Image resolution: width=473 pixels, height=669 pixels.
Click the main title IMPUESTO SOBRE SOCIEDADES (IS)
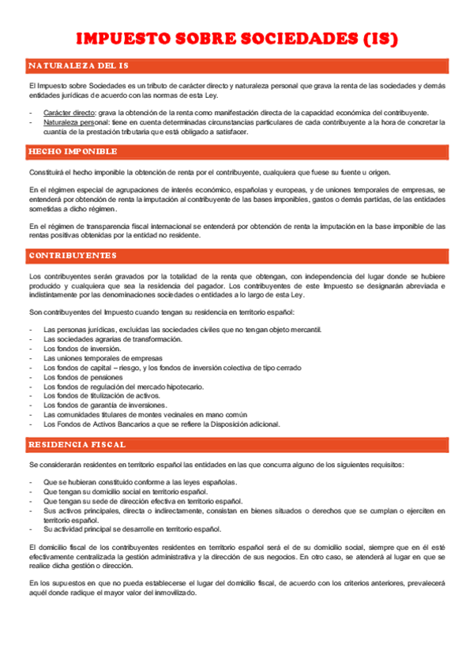pyautogui.click(x=236, y=39)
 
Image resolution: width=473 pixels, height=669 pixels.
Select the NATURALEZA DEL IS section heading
pyautogui.click(x=78, y=65)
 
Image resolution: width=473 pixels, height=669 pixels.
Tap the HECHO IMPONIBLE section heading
pyautogui.click(x=73, y=151)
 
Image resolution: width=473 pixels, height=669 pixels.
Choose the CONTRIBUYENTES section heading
pyautogui.click(x=73, y=256)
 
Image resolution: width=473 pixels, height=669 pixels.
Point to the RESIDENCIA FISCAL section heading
pyautogui.click(x=77, y=445)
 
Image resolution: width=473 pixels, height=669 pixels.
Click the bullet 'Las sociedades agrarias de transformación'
pyautogui.click(x=113, y=339)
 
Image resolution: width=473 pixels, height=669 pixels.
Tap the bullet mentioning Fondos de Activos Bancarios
pyautogui.click(x=162, y=424)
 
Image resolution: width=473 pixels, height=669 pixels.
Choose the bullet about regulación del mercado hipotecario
pyautogui.click(x=123, y=387)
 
